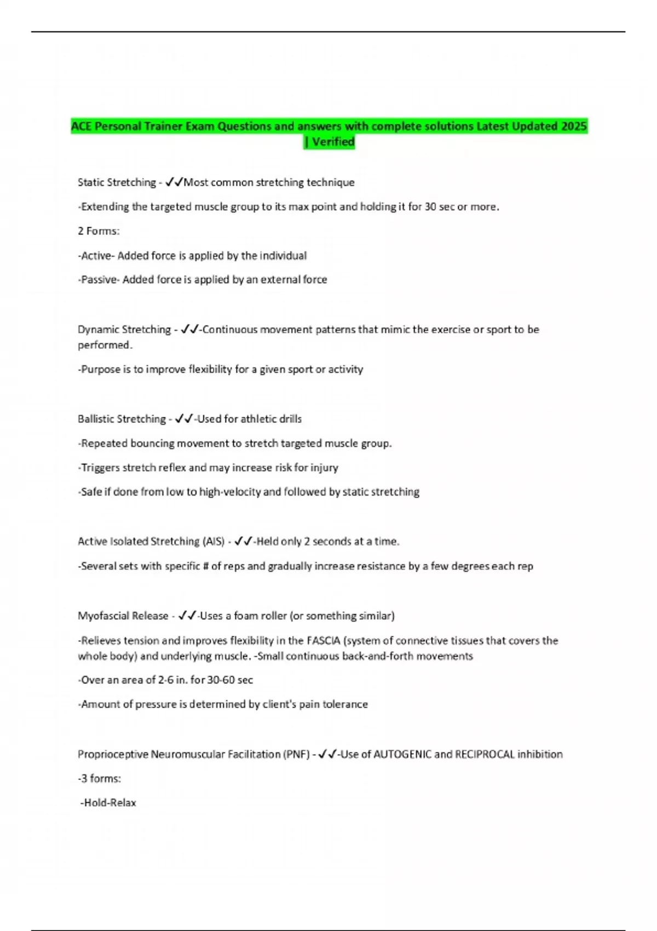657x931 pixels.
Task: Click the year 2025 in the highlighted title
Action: click(x=574, y=127)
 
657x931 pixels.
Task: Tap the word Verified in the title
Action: click(x=333, y=142)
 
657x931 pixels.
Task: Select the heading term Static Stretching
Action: click(x=117, y=182)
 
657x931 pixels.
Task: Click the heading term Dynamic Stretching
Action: click(x=124, y=329)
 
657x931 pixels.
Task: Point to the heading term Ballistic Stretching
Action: click(x=122, y=419)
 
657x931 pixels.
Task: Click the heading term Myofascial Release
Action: click(x=123, y=616)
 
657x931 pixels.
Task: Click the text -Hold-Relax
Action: click(x=108, y=803)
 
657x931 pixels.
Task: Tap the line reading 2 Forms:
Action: click(x=99, y=231)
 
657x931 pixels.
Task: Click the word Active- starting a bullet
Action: click(x=96, y=256)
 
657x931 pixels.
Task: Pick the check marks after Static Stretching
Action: click(x=174, y=182)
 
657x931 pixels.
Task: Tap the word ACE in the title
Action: click(x=81, y=127)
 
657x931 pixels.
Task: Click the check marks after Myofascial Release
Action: click(x=187, y=616)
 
